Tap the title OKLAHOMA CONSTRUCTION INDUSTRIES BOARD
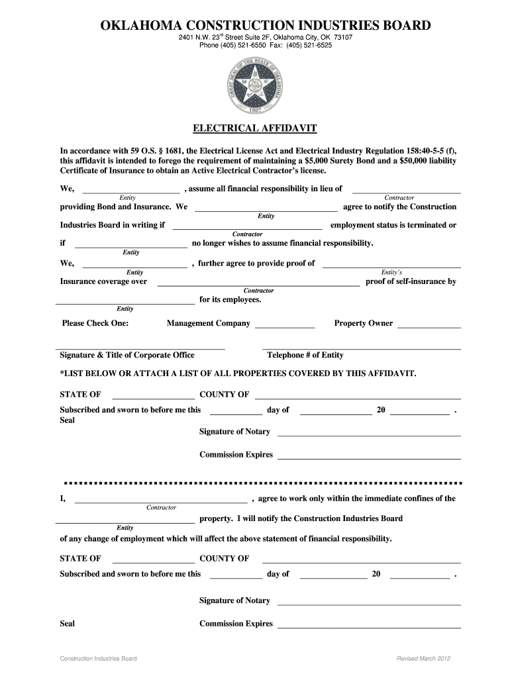(x=265, y=26)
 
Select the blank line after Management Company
(x=285, y=328)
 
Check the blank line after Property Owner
(x=429, y=328)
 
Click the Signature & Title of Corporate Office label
(x=127, y=356)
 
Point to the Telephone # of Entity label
(x=305, y=356)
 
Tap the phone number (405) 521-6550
(x=239, y=46)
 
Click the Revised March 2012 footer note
(x=423, y=659)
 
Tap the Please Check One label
(x=95, y=324)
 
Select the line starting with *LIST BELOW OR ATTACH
(x=238, y=373)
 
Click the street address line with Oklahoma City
(x=265, y=38)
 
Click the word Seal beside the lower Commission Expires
(x=67, y=624)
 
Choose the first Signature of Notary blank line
(x=368, y=436)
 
